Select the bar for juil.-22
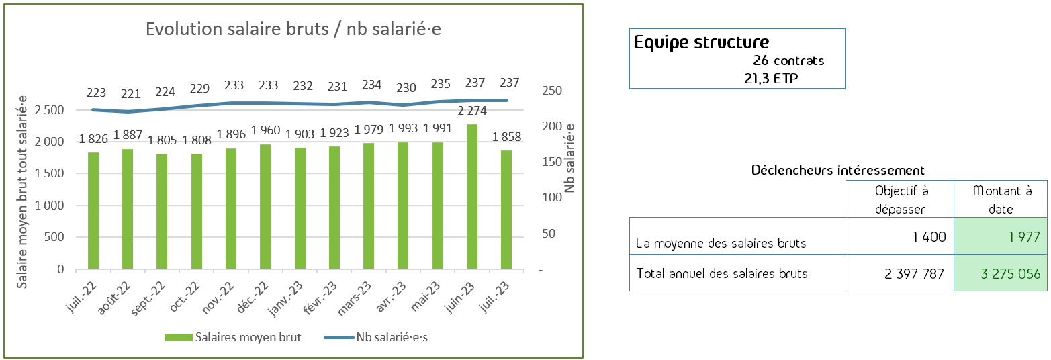[x=93, y=211]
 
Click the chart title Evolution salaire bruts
[x=293, y=30]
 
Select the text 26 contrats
[x=788, y=60]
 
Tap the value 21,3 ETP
[x=768, y=79]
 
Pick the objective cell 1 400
[x=929, y=236]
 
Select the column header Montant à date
[x=1001, y=199]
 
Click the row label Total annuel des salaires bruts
[x=721, y=273]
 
